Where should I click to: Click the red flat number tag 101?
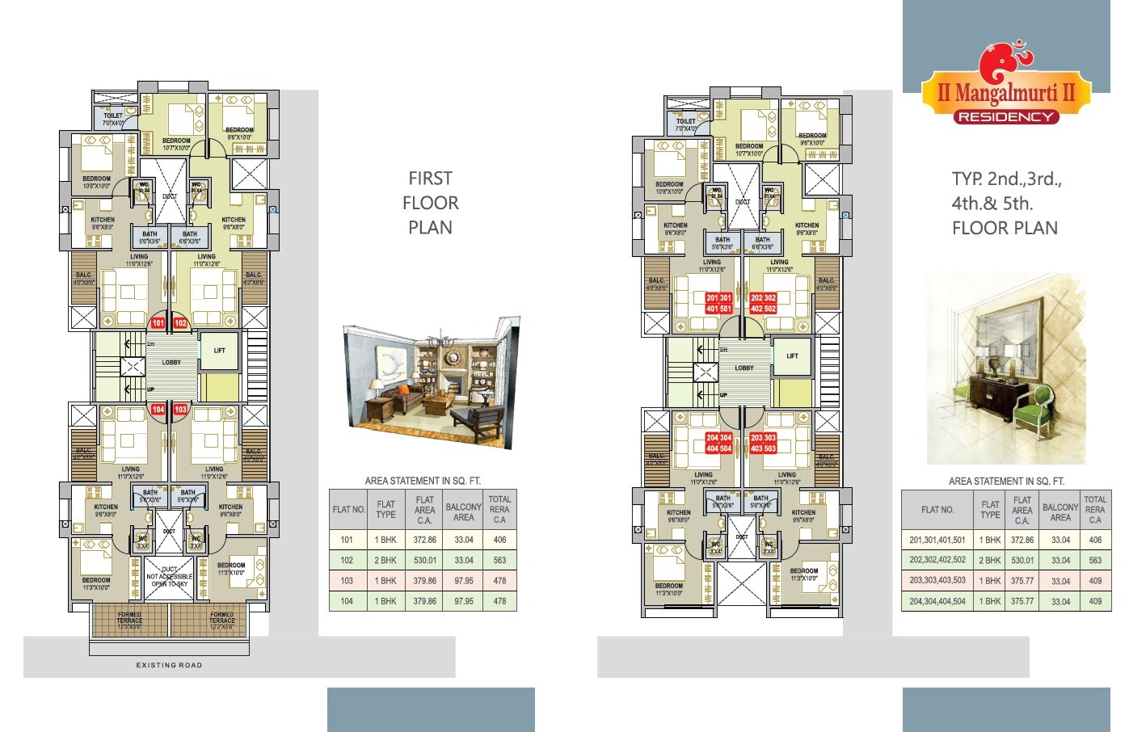coord(158,323)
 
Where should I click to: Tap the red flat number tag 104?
coord(158,410)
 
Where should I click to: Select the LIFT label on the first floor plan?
coord(220,351)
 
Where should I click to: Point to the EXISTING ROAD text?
coord(169,665)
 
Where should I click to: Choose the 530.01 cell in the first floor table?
coord(424,560)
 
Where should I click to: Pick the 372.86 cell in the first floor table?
coord(424,540)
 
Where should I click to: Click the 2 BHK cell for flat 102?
coord(385,560)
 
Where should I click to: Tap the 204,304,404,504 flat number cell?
coord(937,601)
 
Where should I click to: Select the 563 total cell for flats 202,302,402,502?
coord(1095,560)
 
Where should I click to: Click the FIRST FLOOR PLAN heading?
coord(430,203)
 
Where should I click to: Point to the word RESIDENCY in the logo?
coord(1006,117)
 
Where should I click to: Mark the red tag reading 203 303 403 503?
coord(763,443)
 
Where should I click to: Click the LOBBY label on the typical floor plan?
coord(744,368)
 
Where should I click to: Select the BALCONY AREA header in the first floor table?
coord(463,512)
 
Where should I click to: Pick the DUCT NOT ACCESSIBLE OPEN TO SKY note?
coord(170,576)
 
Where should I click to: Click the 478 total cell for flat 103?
coord(499,581)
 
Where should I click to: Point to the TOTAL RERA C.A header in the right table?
coord(1095,510)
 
